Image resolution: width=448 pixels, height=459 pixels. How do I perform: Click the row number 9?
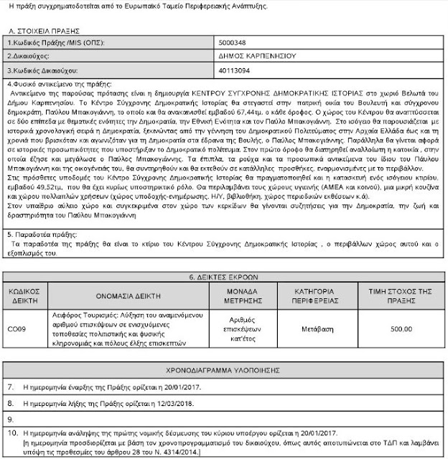[x=11, y=419]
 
